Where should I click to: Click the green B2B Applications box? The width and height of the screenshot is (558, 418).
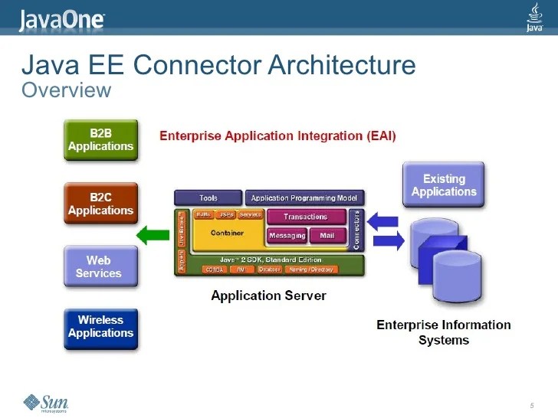click(100, 139)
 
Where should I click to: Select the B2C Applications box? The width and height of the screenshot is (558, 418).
click(100, 204)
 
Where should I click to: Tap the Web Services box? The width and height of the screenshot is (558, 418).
click(100, 266)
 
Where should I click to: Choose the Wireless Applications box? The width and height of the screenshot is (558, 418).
click(100, 327)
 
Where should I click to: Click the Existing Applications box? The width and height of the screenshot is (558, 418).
click(444, 185)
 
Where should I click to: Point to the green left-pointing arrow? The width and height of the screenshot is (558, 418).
click(152, 233)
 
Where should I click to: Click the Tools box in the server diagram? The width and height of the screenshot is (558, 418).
click(208, 198)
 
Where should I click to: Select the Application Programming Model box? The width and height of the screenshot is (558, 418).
click(304, 198)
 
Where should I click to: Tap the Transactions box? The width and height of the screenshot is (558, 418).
click(305, 217)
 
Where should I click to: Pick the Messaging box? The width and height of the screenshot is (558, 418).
click(287, 235)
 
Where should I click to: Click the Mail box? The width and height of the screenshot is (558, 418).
click(327, 235)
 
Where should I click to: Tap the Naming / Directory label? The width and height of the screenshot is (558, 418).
click(312, 269)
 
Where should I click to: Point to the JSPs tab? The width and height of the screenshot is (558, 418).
click(226, 215)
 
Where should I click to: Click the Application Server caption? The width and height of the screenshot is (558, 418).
click(268, 296)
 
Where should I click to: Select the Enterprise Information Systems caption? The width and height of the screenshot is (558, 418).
click(443, 332)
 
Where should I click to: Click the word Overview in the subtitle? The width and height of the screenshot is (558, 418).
click(67, 91)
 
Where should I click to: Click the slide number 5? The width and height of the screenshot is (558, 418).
click(531, 404)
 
